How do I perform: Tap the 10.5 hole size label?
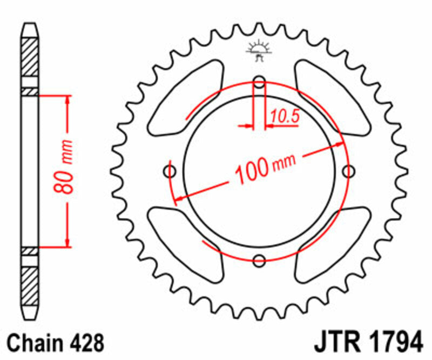pos(285,116)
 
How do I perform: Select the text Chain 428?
pos(55,343)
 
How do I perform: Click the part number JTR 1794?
pos(367,343)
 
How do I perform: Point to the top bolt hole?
pos(260,83)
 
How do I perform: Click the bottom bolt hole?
pos(260,259)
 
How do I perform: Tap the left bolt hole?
pos(170,172)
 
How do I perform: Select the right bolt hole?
pos(349,172)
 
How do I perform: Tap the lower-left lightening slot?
pos(184,243)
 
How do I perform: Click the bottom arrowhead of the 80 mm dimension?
pos(67,242)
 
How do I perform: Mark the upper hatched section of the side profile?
pos(30,57)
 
